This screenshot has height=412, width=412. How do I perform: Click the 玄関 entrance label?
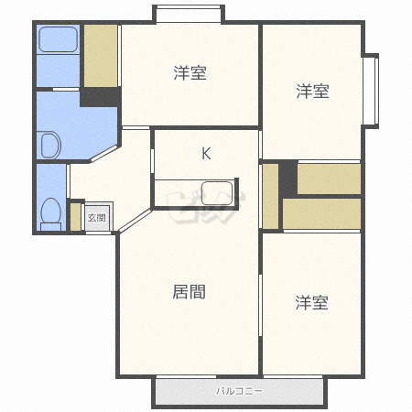pyautogui.click(x=97, y=218)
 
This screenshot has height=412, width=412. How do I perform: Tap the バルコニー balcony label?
pyautogui.click(x=239, y=391)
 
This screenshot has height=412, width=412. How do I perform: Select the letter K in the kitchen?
pyautogui.click(x=206, y=154)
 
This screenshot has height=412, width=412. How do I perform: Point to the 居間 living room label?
pyautogui.click(x=189, y=292)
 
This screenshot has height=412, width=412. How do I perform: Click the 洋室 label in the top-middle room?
pyautogui.click(x=190, y=73)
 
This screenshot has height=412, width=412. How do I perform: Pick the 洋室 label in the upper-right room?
pyautogui.click(x=312, y=91)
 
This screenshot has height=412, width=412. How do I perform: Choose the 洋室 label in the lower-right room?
pyautogui.click(x=311, y=302)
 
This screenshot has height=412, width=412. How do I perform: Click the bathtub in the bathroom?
pyautogui.click(x=59, y=39)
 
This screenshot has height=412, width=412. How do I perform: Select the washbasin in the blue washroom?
pyautogui.click(x=49, y=145)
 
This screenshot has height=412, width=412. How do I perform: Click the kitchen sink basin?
pyautogui.click(x=217, y=193)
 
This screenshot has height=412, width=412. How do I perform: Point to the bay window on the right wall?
pyautogui.click(x=371, y=91)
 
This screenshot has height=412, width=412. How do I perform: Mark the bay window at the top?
pyautogui.click(x=189, y=14)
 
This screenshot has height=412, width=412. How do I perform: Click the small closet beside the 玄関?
pyautogui.click(x=75, y=217)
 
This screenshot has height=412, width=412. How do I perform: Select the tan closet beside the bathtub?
pyautogui.click(x=101, y=56)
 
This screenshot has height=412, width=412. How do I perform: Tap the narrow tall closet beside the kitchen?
pyautogui.click(x=270, y=196)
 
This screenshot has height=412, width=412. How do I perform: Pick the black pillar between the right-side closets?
pyautogui.click(x=288, y=179)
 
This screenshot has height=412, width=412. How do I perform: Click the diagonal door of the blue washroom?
pyautogui.click(x=104, y=154)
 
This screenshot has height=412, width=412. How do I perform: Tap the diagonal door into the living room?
pyautogui.click(x=135, y=221)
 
